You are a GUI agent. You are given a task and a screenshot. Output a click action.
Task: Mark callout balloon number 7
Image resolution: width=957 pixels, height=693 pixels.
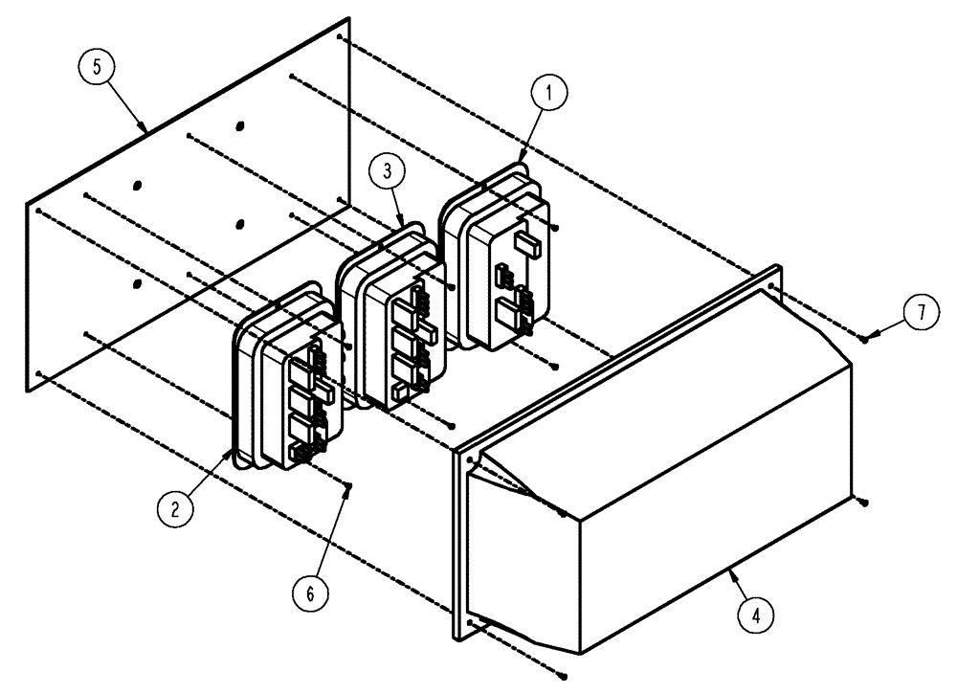921,316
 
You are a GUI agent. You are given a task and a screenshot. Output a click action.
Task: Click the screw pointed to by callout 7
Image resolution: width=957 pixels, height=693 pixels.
864,337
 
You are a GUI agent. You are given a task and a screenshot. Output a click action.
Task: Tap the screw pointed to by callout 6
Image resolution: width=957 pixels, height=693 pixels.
349,485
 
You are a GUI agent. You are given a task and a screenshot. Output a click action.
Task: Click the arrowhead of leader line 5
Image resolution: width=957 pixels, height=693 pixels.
144,128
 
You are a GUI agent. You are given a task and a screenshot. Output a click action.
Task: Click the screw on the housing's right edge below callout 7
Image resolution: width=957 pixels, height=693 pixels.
863,500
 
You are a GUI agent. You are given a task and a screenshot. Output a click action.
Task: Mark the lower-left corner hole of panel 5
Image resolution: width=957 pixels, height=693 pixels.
37,372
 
